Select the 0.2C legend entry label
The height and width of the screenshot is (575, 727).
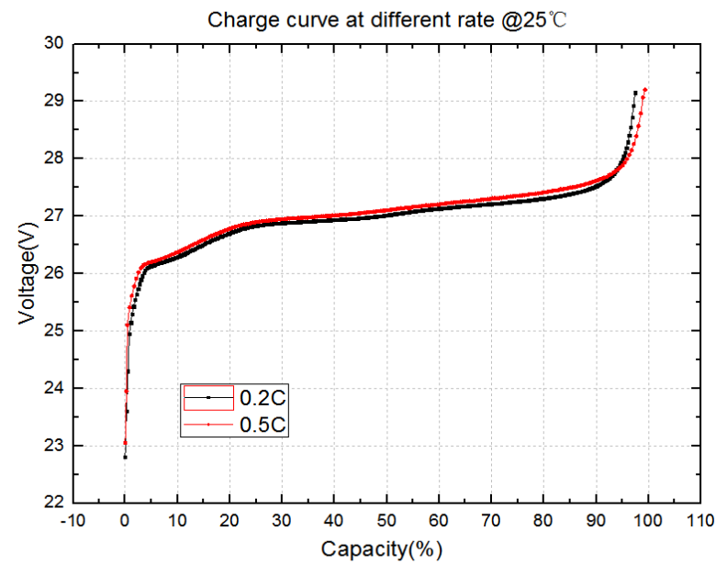pos(263,398)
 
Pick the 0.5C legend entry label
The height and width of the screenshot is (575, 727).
pos(263,425)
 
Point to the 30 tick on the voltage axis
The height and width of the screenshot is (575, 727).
pos(55,43)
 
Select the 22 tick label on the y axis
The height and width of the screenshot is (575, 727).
pos(55,503)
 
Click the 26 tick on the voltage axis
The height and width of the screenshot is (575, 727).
pos(55,273)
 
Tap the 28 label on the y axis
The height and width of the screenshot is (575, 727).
pos(55,158)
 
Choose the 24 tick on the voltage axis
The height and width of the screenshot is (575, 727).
pos(55,388)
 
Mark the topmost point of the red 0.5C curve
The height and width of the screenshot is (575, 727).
pos(646,89)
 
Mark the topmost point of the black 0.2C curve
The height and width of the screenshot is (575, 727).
pos(635,93)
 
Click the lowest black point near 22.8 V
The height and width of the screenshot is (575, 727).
pos(125,457)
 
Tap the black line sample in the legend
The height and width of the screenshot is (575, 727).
pos(209,398)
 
